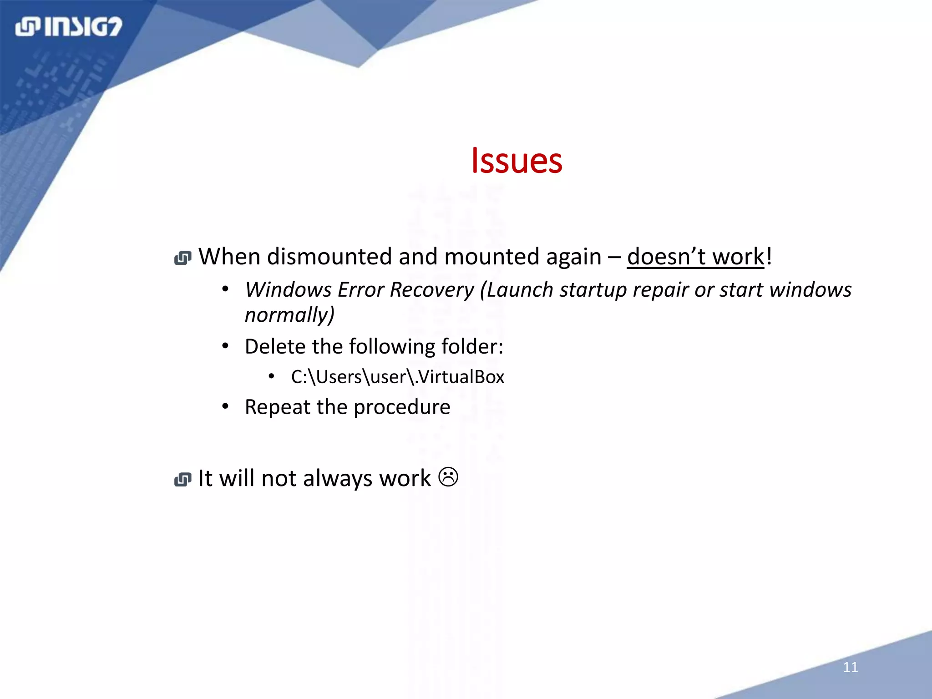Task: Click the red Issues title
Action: (x=517, y=161)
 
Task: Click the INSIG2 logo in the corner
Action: (x=69, y=27)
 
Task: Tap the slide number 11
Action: (x=850, y=667)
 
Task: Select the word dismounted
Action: (x=329, y=257)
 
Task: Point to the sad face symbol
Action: (x=448, y=477)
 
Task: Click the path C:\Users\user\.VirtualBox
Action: (x=397, y=377)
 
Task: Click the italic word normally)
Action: (x=289, y=315)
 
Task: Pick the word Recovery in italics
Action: (x=432, y=290)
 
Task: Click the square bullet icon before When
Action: (x=183, y=258)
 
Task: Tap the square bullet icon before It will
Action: (x=183, y=480)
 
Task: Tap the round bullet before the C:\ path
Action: (x=272, y=376)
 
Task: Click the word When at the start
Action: (x=229, y=257)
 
